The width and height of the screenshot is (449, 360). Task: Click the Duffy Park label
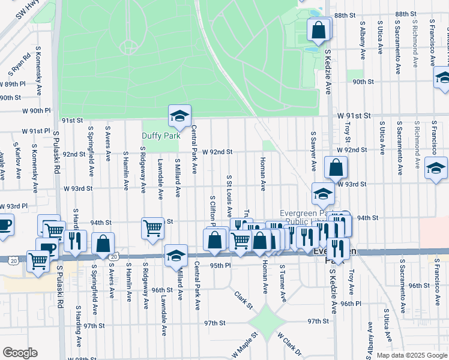161,136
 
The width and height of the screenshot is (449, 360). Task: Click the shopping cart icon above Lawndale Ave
152,227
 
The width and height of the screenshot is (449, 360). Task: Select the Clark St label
243,296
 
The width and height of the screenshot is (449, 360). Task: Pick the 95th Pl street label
220,265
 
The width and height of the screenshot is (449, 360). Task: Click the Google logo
20,353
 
